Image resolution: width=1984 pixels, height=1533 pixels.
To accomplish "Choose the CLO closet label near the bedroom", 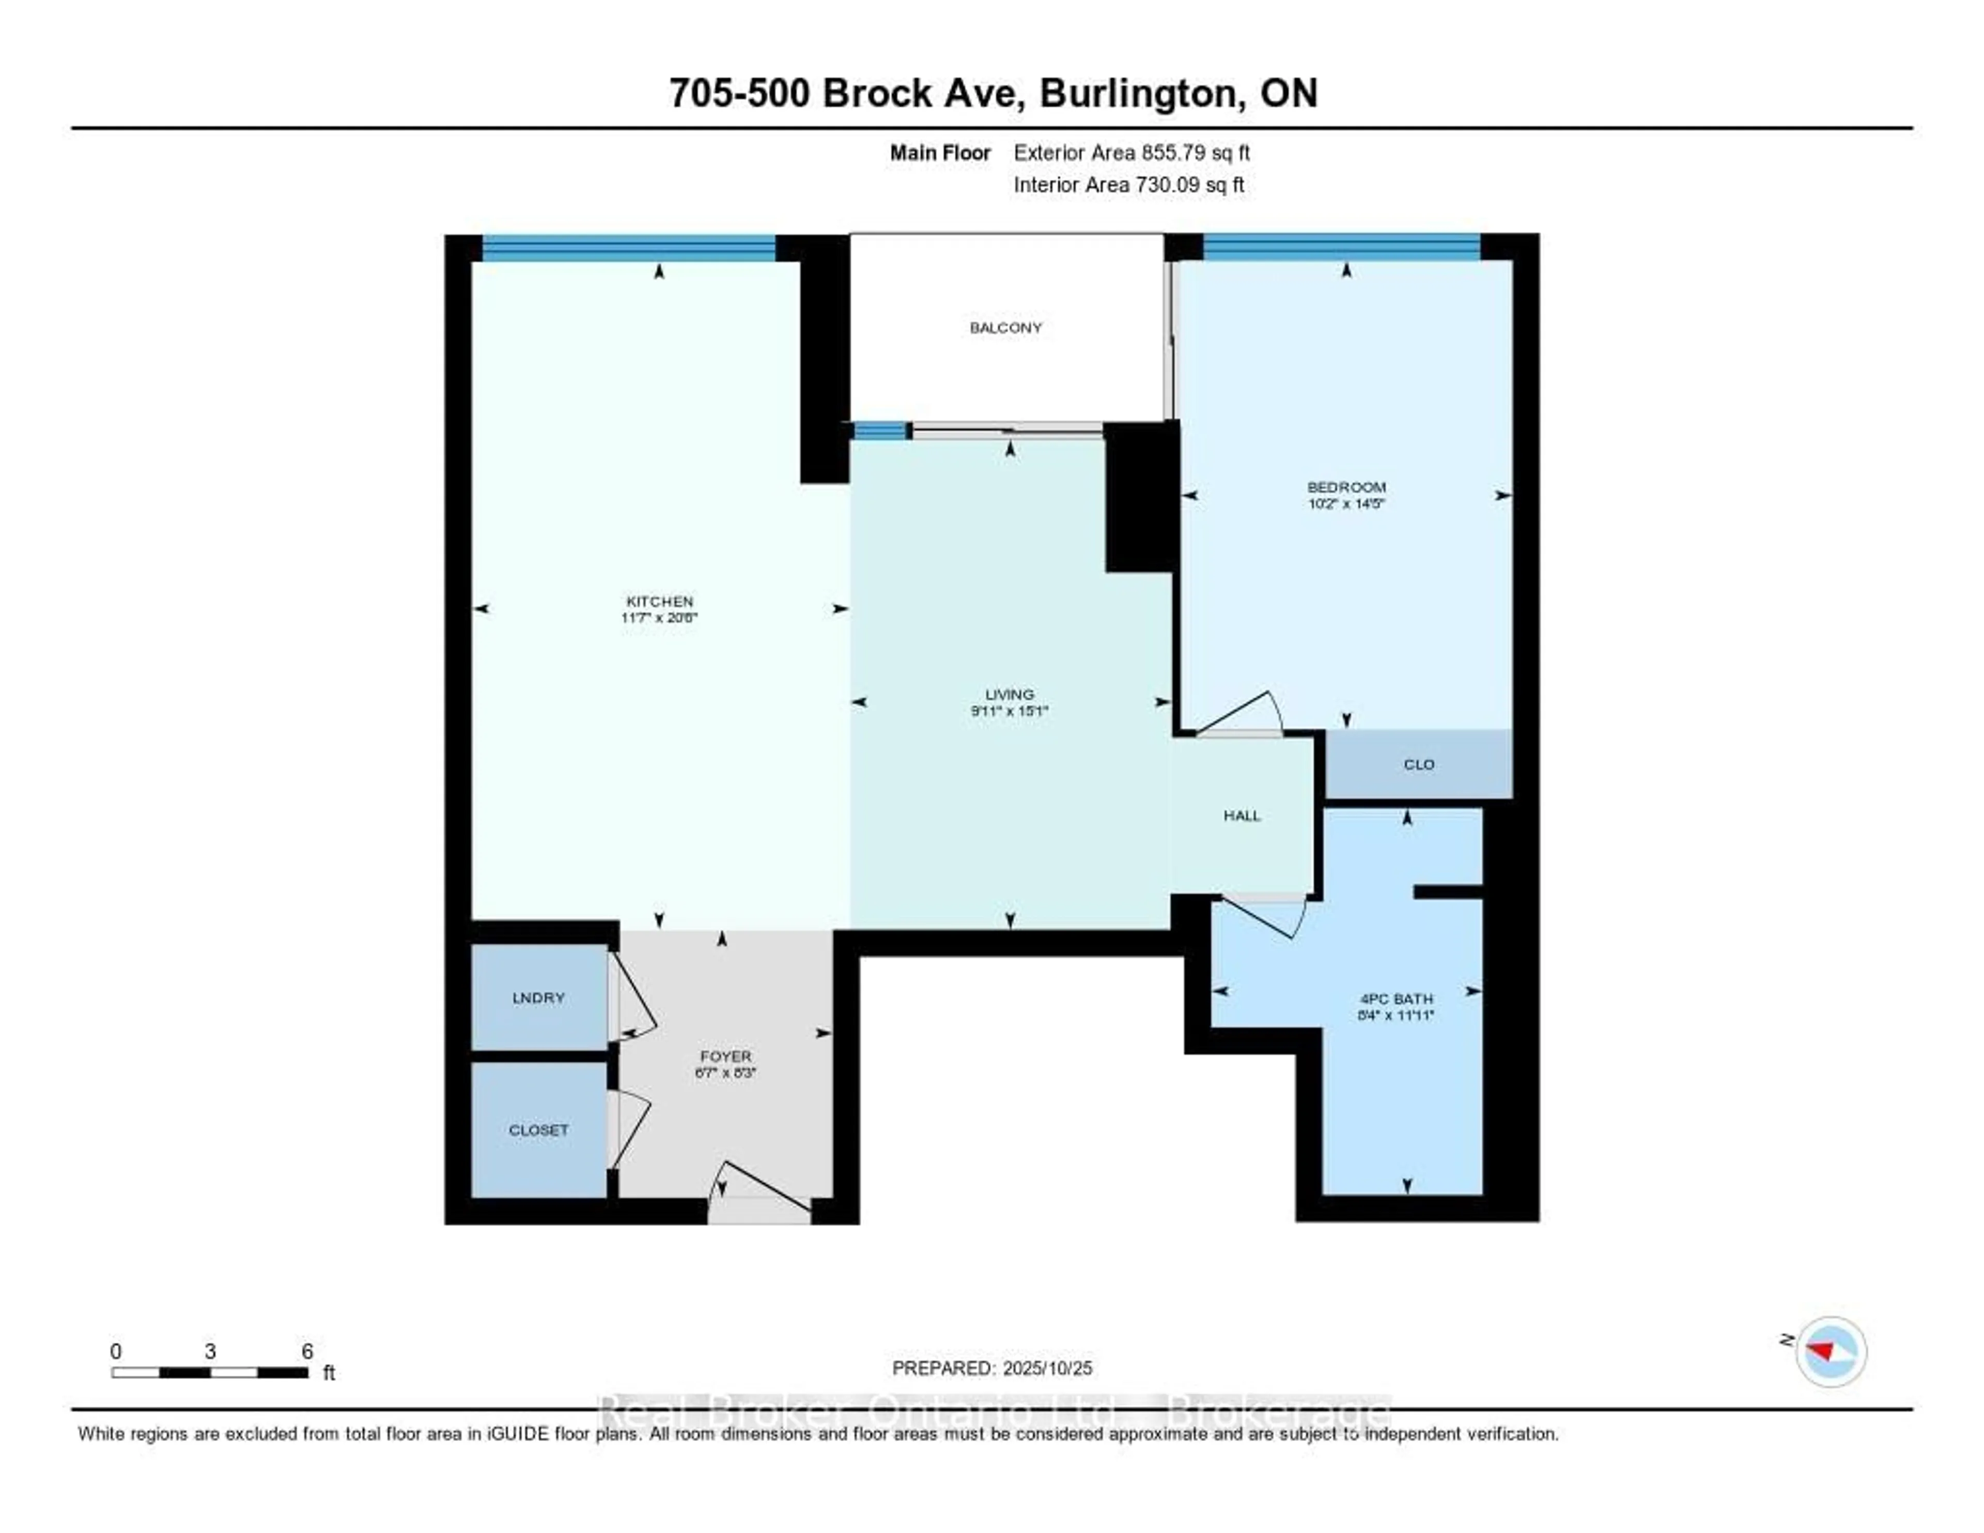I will [x=1419, y=765].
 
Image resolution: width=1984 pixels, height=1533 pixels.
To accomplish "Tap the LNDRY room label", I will [x=539, y=998].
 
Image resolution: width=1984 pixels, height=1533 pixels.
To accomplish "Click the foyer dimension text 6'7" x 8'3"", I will [x=725, y=1072].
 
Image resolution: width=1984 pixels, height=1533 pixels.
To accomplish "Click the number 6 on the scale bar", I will [x=308, y=1351].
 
